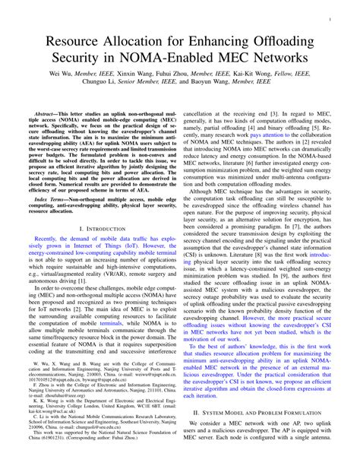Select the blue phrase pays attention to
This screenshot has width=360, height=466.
click(272, 147)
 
